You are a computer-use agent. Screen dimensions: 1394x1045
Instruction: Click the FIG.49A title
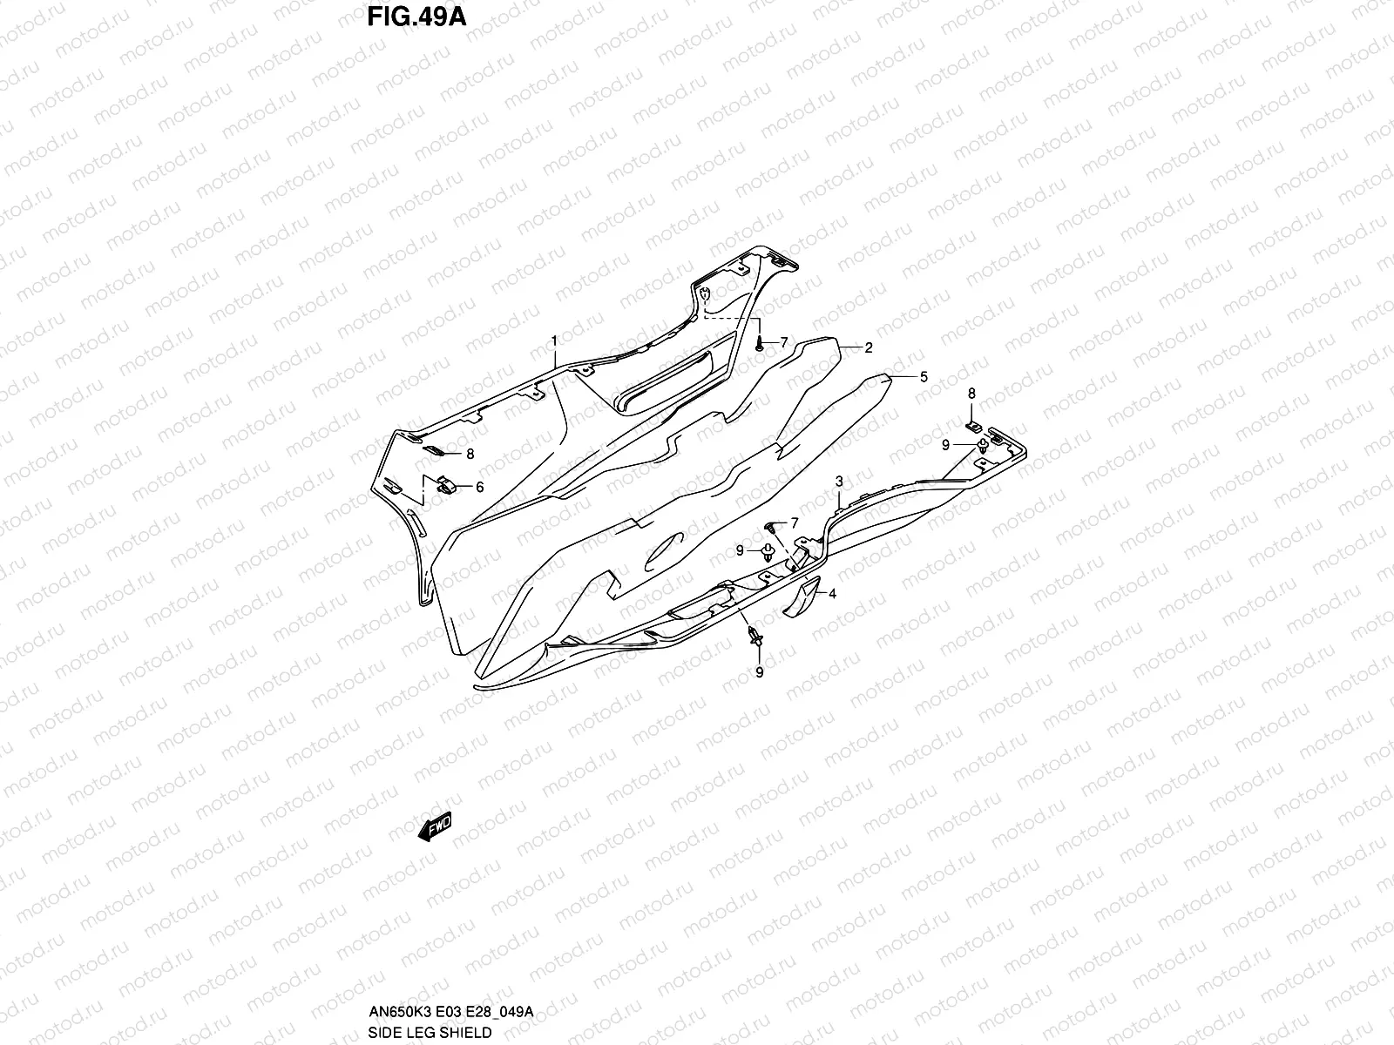(x=416, y=17)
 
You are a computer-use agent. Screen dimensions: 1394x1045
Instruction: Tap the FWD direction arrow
(x=435, y=826)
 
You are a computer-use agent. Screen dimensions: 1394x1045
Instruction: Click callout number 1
(x=554, y=340)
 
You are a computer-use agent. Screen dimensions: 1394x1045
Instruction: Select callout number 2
(x=868, y=347)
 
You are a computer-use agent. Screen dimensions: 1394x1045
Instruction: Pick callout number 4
(x=832, y=594)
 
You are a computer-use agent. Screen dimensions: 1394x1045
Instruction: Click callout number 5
(x=924, y=377)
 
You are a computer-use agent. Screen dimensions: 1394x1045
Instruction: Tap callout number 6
(x=479, y=488)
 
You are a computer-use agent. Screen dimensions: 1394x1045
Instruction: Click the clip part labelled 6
(x=446, y=486)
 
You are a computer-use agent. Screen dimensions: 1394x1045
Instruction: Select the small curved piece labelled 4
(x=802, y=597)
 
